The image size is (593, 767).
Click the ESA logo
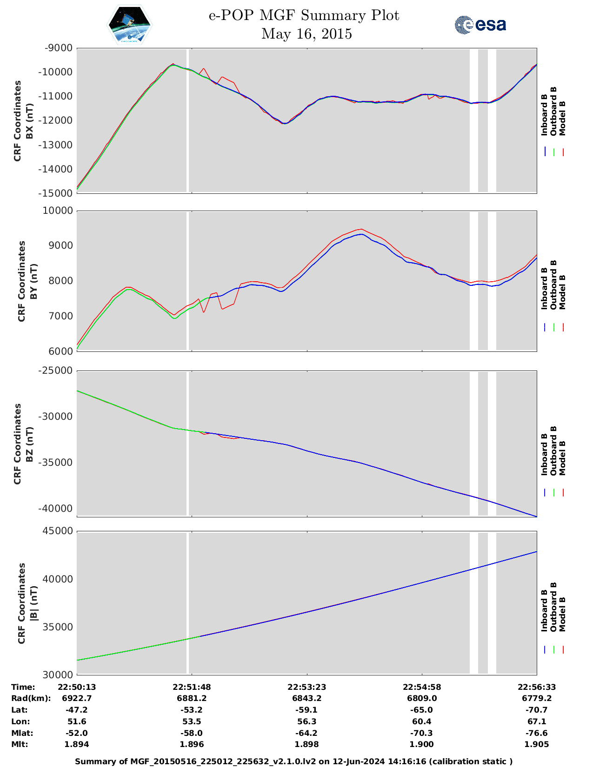coord(480,25)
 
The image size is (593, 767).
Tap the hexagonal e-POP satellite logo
coord(130,25)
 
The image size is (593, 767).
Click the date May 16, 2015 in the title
coord(306,34)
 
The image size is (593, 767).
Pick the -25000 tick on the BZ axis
coord(56,370)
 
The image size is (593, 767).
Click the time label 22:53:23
coord(306,687)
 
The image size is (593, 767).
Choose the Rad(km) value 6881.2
coord(191,698)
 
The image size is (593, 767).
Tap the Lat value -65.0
coord(422,710)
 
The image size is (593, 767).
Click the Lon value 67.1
coord(537,721)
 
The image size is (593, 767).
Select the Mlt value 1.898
coord(306,744)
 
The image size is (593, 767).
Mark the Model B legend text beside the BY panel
coord(562,292)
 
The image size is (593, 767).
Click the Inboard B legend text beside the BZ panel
coord(544,454)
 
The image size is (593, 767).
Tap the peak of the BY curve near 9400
coord(360,229)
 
